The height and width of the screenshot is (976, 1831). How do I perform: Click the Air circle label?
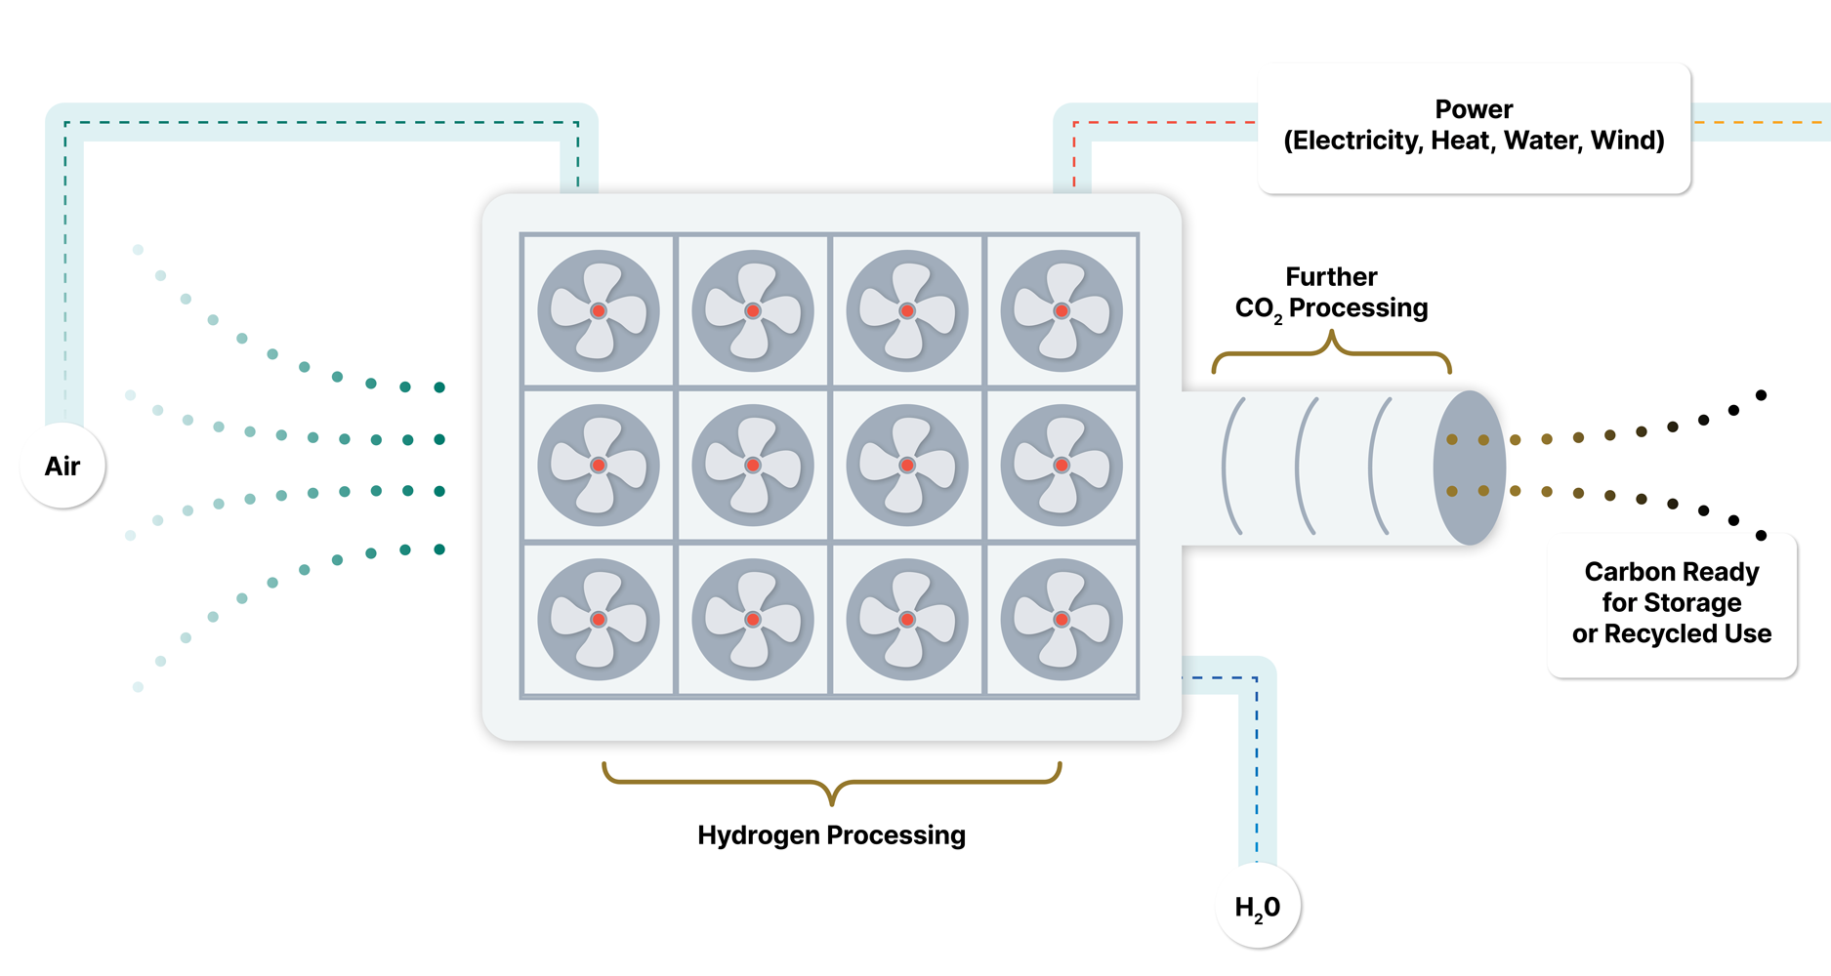pos(62,467)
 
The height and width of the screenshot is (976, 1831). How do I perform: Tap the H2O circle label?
pos(1258,908)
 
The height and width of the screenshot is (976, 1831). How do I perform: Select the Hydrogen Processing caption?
pos(831,835)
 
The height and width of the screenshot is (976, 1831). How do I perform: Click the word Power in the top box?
pos(1474,109)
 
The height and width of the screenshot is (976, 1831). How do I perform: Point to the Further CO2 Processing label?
pos(1331,293)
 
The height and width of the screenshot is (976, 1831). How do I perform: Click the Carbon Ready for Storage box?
pos(1672,603)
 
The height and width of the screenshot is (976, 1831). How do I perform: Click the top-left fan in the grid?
pos(599,311)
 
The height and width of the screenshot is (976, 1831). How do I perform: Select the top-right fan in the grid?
pos(1061,311)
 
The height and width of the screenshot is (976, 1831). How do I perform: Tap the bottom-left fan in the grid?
pos(599,620)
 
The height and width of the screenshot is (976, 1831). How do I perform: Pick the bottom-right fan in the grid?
pos(1061,620)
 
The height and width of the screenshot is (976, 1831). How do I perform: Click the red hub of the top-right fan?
pos(1061,311)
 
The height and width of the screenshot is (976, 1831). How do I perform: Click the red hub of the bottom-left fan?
pos(599,620)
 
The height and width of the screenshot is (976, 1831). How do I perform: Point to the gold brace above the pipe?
pos(1331,351)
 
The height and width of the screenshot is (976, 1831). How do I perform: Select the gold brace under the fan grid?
pos(831,782)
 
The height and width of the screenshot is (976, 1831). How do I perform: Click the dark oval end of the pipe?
pos(1469,468)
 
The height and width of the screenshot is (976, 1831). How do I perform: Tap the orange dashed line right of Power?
pos(1758,122)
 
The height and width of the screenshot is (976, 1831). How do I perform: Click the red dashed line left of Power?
pos(1162,123)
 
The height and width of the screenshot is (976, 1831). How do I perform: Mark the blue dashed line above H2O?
pos(1257,771)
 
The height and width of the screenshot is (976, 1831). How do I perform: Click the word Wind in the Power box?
pos(1627,141)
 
